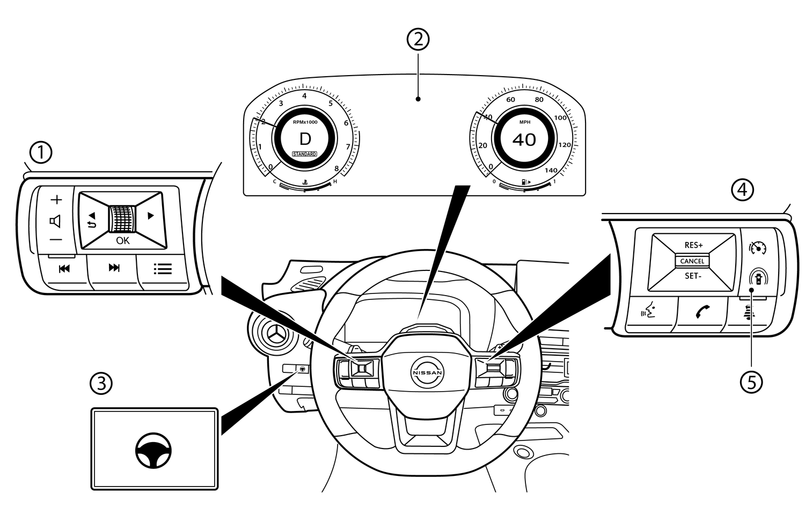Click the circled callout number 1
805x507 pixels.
pos(41,152)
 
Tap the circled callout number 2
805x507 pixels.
pos(418,39)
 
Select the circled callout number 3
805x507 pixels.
pos(101,383)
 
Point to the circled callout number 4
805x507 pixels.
pos(742,189)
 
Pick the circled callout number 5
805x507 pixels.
pos(751,382)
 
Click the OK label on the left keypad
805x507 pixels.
pos(122,241)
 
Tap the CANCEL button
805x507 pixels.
pos(692,261)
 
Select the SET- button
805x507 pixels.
pos(692,276)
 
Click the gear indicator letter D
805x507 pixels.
pos(305,139)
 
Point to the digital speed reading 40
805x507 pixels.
pos(524,140)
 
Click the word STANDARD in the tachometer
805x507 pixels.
pos(304,154)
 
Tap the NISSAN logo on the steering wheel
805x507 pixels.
pos(427,373)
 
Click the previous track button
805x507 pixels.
pos(64,269)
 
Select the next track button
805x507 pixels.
pos(114,268)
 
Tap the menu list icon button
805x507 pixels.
pos(163,269)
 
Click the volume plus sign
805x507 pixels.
pos(56,200)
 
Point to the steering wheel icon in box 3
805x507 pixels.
pos(153,451)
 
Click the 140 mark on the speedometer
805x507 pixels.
pos(551,170)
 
